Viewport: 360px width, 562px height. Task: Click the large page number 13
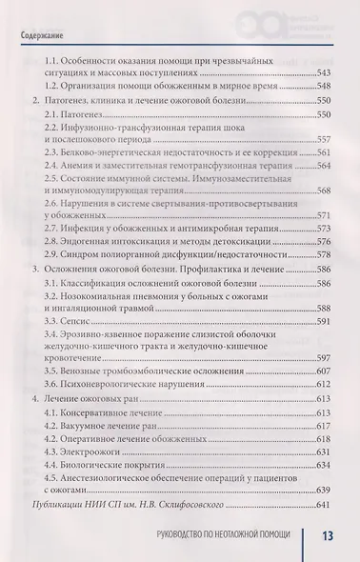(x=326, y=538)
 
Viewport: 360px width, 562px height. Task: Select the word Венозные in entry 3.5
(x=85, y=371)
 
